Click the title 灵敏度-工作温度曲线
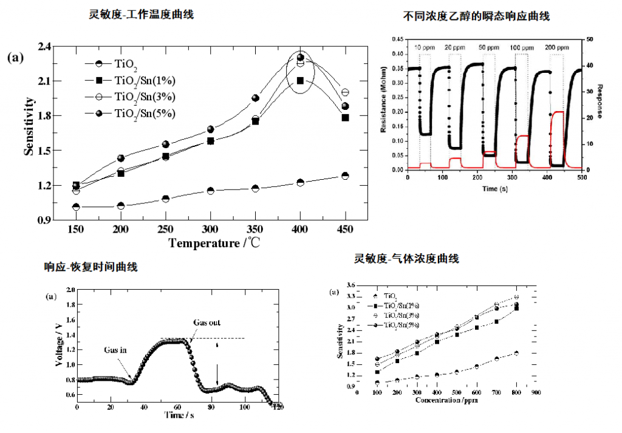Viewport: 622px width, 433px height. (141, 14)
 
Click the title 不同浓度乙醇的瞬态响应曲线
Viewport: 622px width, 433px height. (476, 16)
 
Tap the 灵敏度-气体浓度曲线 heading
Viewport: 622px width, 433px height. (406, 259)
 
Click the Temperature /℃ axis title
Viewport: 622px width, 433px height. (212, 244)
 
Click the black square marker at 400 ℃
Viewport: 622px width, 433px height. (300, 80)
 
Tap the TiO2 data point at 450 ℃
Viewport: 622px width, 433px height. (345, 176)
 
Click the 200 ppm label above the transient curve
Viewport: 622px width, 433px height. (558, 47)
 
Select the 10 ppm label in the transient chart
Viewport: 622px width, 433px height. (425, 47)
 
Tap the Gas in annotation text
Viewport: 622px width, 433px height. (115, 350)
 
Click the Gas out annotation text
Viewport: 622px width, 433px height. (207, 322)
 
